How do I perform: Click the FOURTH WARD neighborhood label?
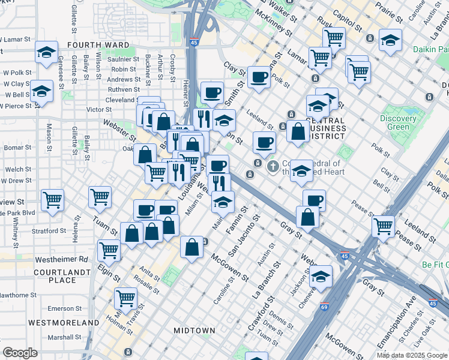[98, 45]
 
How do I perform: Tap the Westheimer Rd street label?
[61, 260]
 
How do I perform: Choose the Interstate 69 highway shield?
[324, 306]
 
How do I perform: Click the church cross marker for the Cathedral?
[272, 165]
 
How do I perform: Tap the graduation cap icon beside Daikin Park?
[391, 41]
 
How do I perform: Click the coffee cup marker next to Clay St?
[259, 77]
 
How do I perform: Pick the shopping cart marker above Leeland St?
[383, 227]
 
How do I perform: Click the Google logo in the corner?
[20, 353]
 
